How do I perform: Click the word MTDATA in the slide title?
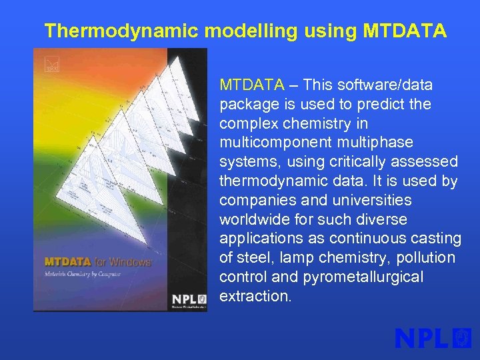pos(405,31)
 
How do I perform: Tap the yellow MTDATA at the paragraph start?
pos(252,85)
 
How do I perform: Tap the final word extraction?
pos(255,296)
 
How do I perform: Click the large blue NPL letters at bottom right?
pos(423,338)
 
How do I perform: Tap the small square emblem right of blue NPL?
pos(462,338)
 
